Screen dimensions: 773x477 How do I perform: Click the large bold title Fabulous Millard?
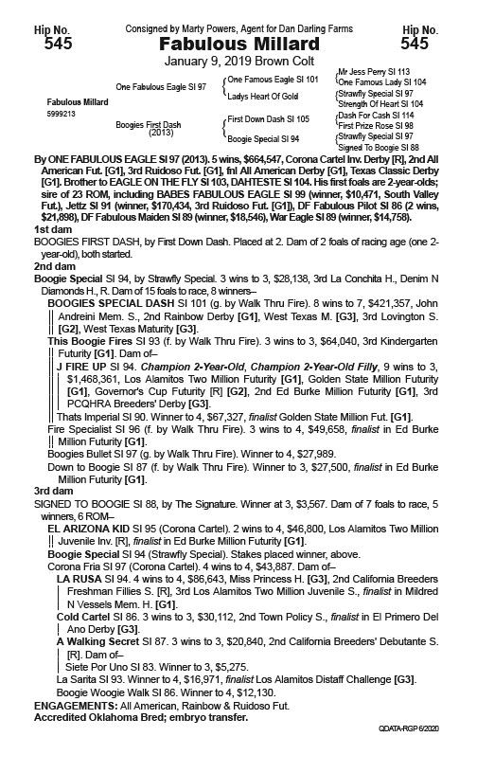click(238, 43)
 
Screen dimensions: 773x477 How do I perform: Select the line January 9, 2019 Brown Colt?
click(238, 63)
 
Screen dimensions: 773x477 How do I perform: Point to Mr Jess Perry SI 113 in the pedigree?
click(373, 72)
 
